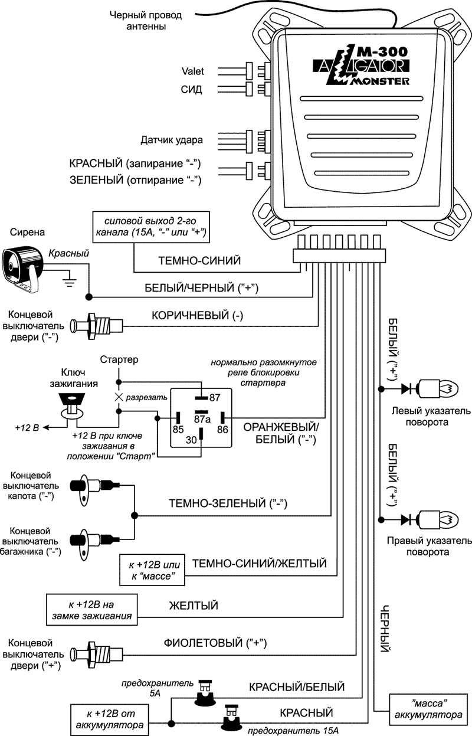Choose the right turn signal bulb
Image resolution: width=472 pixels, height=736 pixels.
[x=435, y=519]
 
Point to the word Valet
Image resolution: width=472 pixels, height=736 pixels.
[x=192, y=71]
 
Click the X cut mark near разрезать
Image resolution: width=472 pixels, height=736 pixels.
[x=118, y=397]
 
